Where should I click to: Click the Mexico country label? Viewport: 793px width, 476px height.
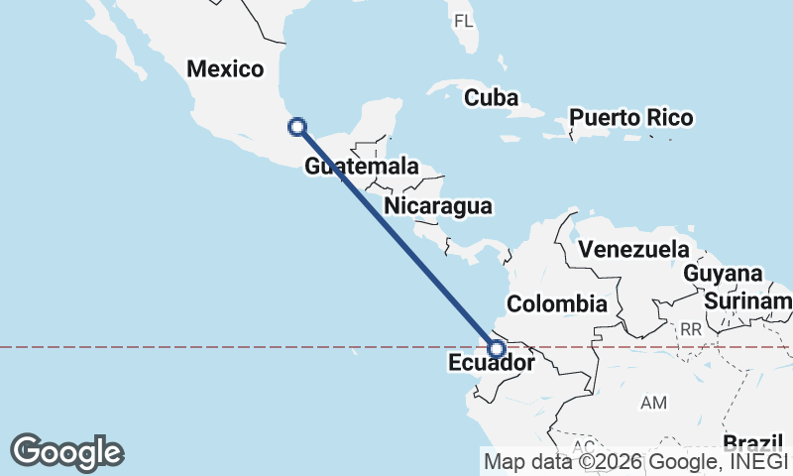226,69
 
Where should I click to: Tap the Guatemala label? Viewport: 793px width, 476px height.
361,167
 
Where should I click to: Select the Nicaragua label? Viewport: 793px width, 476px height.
439,206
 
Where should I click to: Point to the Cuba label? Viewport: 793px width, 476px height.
492,98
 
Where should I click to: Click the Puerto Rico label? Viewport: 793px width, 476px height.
630,117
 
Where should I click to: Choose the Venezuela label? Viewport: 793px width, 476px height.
633,248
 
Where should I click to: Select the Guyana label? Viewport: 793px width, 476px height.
724,273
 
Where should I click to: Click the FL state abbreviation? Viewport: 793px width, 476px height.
464,21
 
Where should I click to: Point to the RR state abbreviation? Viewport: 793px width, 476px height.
691,328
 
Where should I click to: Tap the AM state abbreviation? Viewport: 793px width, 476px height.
654,403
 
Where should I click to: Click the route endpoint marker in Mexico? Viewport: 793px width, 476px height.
296,126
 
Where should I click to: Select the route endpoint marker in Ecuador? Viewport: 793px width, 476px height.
498,348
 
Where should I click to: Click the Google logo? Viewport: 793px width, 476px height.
66,452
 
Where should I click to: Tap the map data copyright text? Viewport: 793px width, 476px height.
635,460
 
